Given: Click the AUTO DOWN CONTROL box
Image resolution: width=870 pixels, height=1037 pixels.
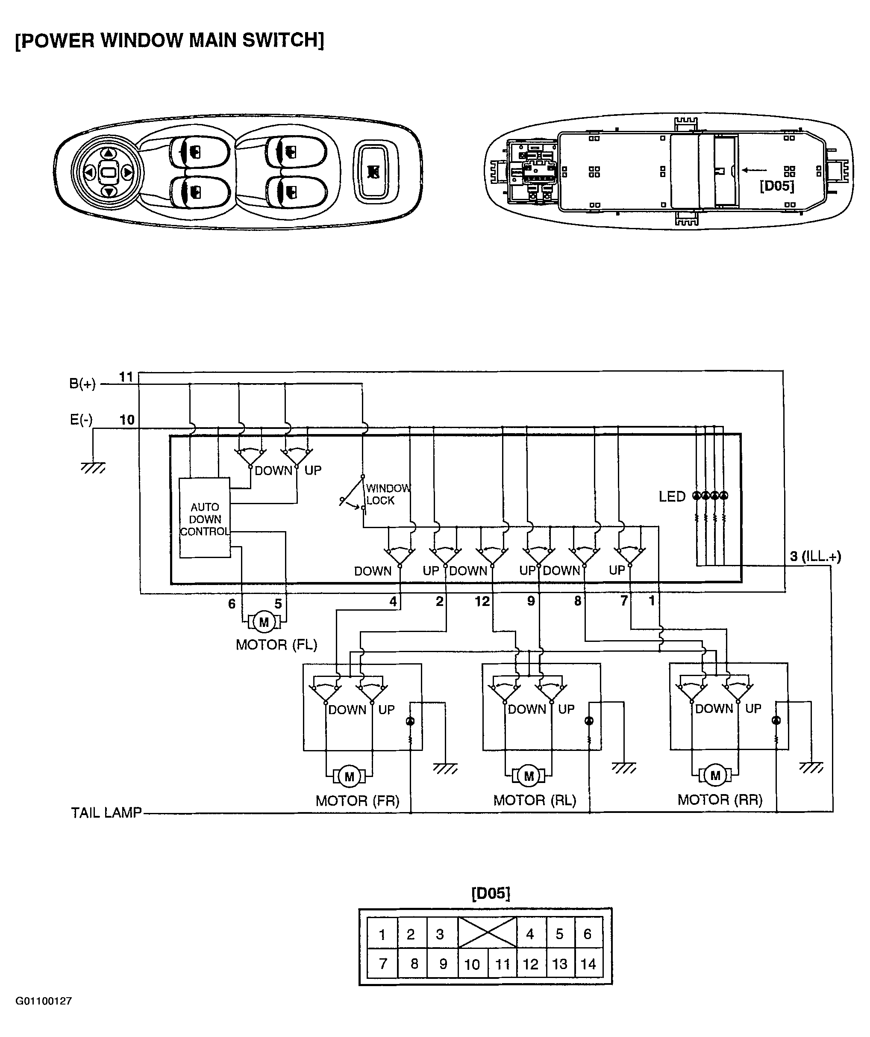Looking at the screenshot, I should [x=204, y=518].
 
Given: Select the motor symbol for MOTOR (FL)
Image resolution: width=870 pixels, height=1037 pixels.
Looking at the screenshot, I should [x=264, y=622].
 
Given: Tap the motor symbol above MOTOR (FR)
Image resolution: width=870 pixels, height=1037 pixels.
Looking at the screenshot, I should [x=350, y=777].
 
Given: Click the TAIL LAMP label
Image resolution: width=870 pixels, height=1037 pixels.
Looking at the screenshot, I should [x=106, y=813].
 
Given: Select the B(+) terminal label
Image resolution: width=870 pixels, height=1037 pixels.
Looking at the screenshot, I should [x=82, y=384].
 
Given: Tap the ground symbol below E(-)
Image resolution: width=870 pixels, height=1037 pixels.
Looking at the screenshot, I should [x=93, y=467].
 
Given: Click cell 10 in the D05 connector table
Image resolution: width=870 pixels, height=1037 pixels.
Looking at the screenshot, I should [x=472, y=964].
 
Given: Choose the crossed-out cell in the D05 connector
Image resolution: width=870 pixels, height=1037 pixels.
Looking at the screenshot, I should [x=487, y=932].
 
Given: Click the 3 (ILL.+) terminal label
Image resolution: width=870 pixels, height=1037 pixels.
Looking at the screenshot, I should [x=815, y=556].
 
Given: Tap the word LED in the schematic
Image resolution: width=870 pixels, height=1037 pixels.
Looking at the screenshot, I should [x=672, y=497].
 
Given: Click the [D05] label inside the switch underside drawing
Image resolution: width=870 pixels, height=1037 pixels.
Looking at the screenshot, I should [x=777, y=186].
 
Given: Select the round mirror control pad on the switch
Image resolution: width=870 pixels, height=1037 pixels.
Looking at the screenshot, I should [x=108, y=172].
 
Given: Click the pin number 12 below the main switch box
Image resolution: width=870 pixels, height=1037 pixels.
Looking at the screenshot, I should [x=482, y=601].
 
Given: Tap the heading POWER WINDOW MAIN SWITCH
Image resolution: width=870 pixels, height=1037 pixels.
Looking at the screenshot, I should [x=169, y=40].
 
